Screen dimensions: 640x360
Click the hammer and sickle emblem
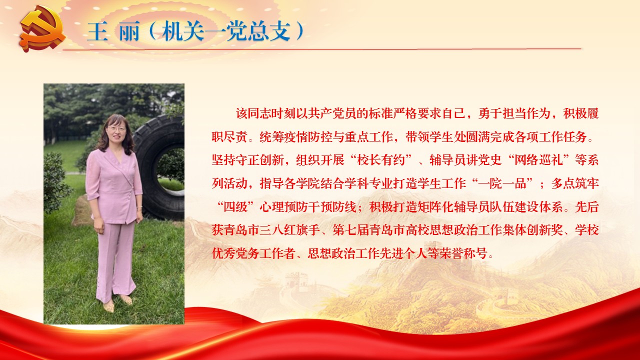click(x=43, y=29)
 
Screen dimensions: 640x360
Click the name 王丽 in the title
click(x=113, y=31)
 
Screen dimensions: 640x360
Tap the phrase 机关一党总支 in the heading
click(x=226, y=31)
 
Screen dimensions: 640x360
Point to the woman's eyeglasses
click(x=116, y=128)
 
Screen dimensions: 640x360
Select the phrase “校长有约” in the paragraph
click(x=381, y=159)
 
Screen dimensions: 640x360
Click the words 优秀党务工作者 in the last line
click(x=253, y=253)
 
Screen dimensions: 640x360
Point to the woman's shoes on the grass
click(x=117, y=303)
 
